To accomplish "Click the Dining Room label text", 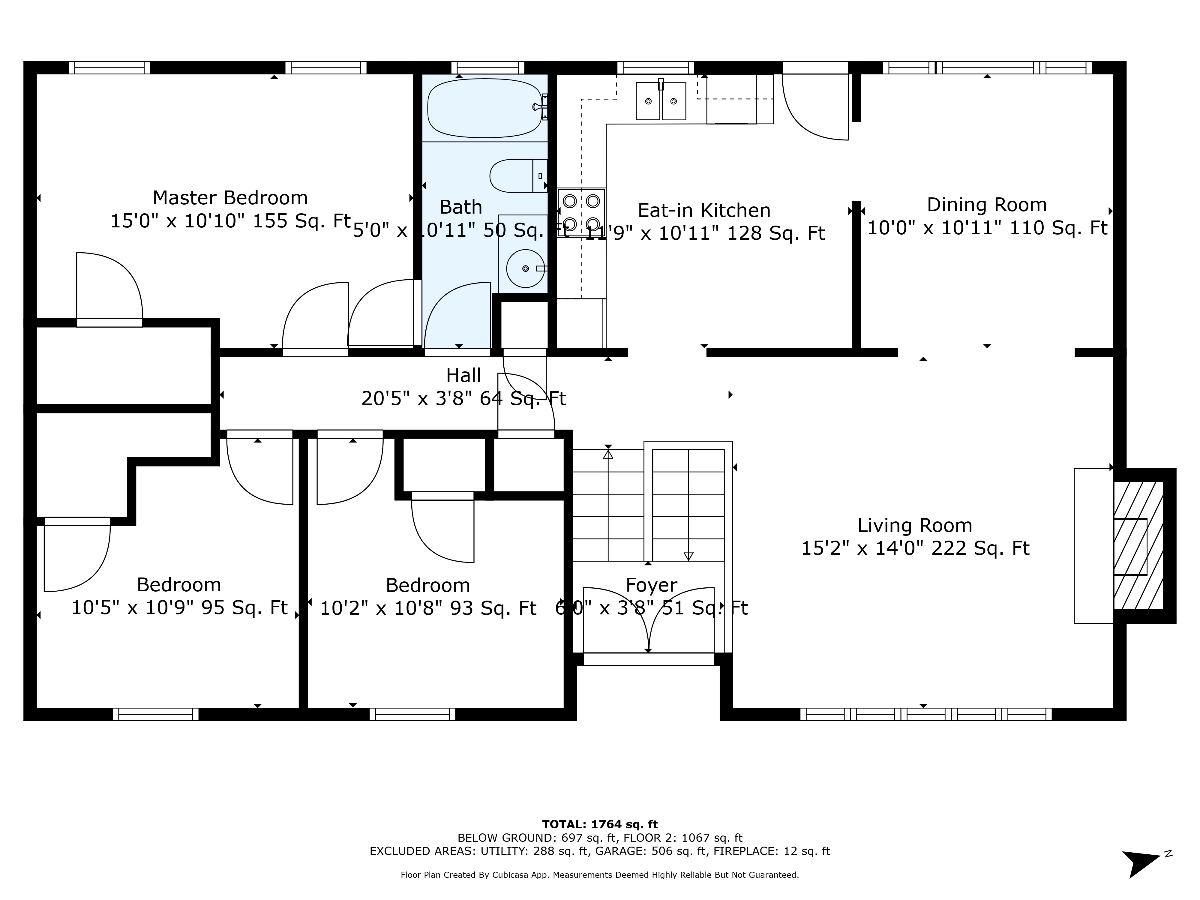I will click(x=986, y=205).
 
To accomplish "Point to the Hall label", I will click(x=463, y=375).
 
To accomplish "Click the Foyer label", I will click(x=651, y=585).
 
